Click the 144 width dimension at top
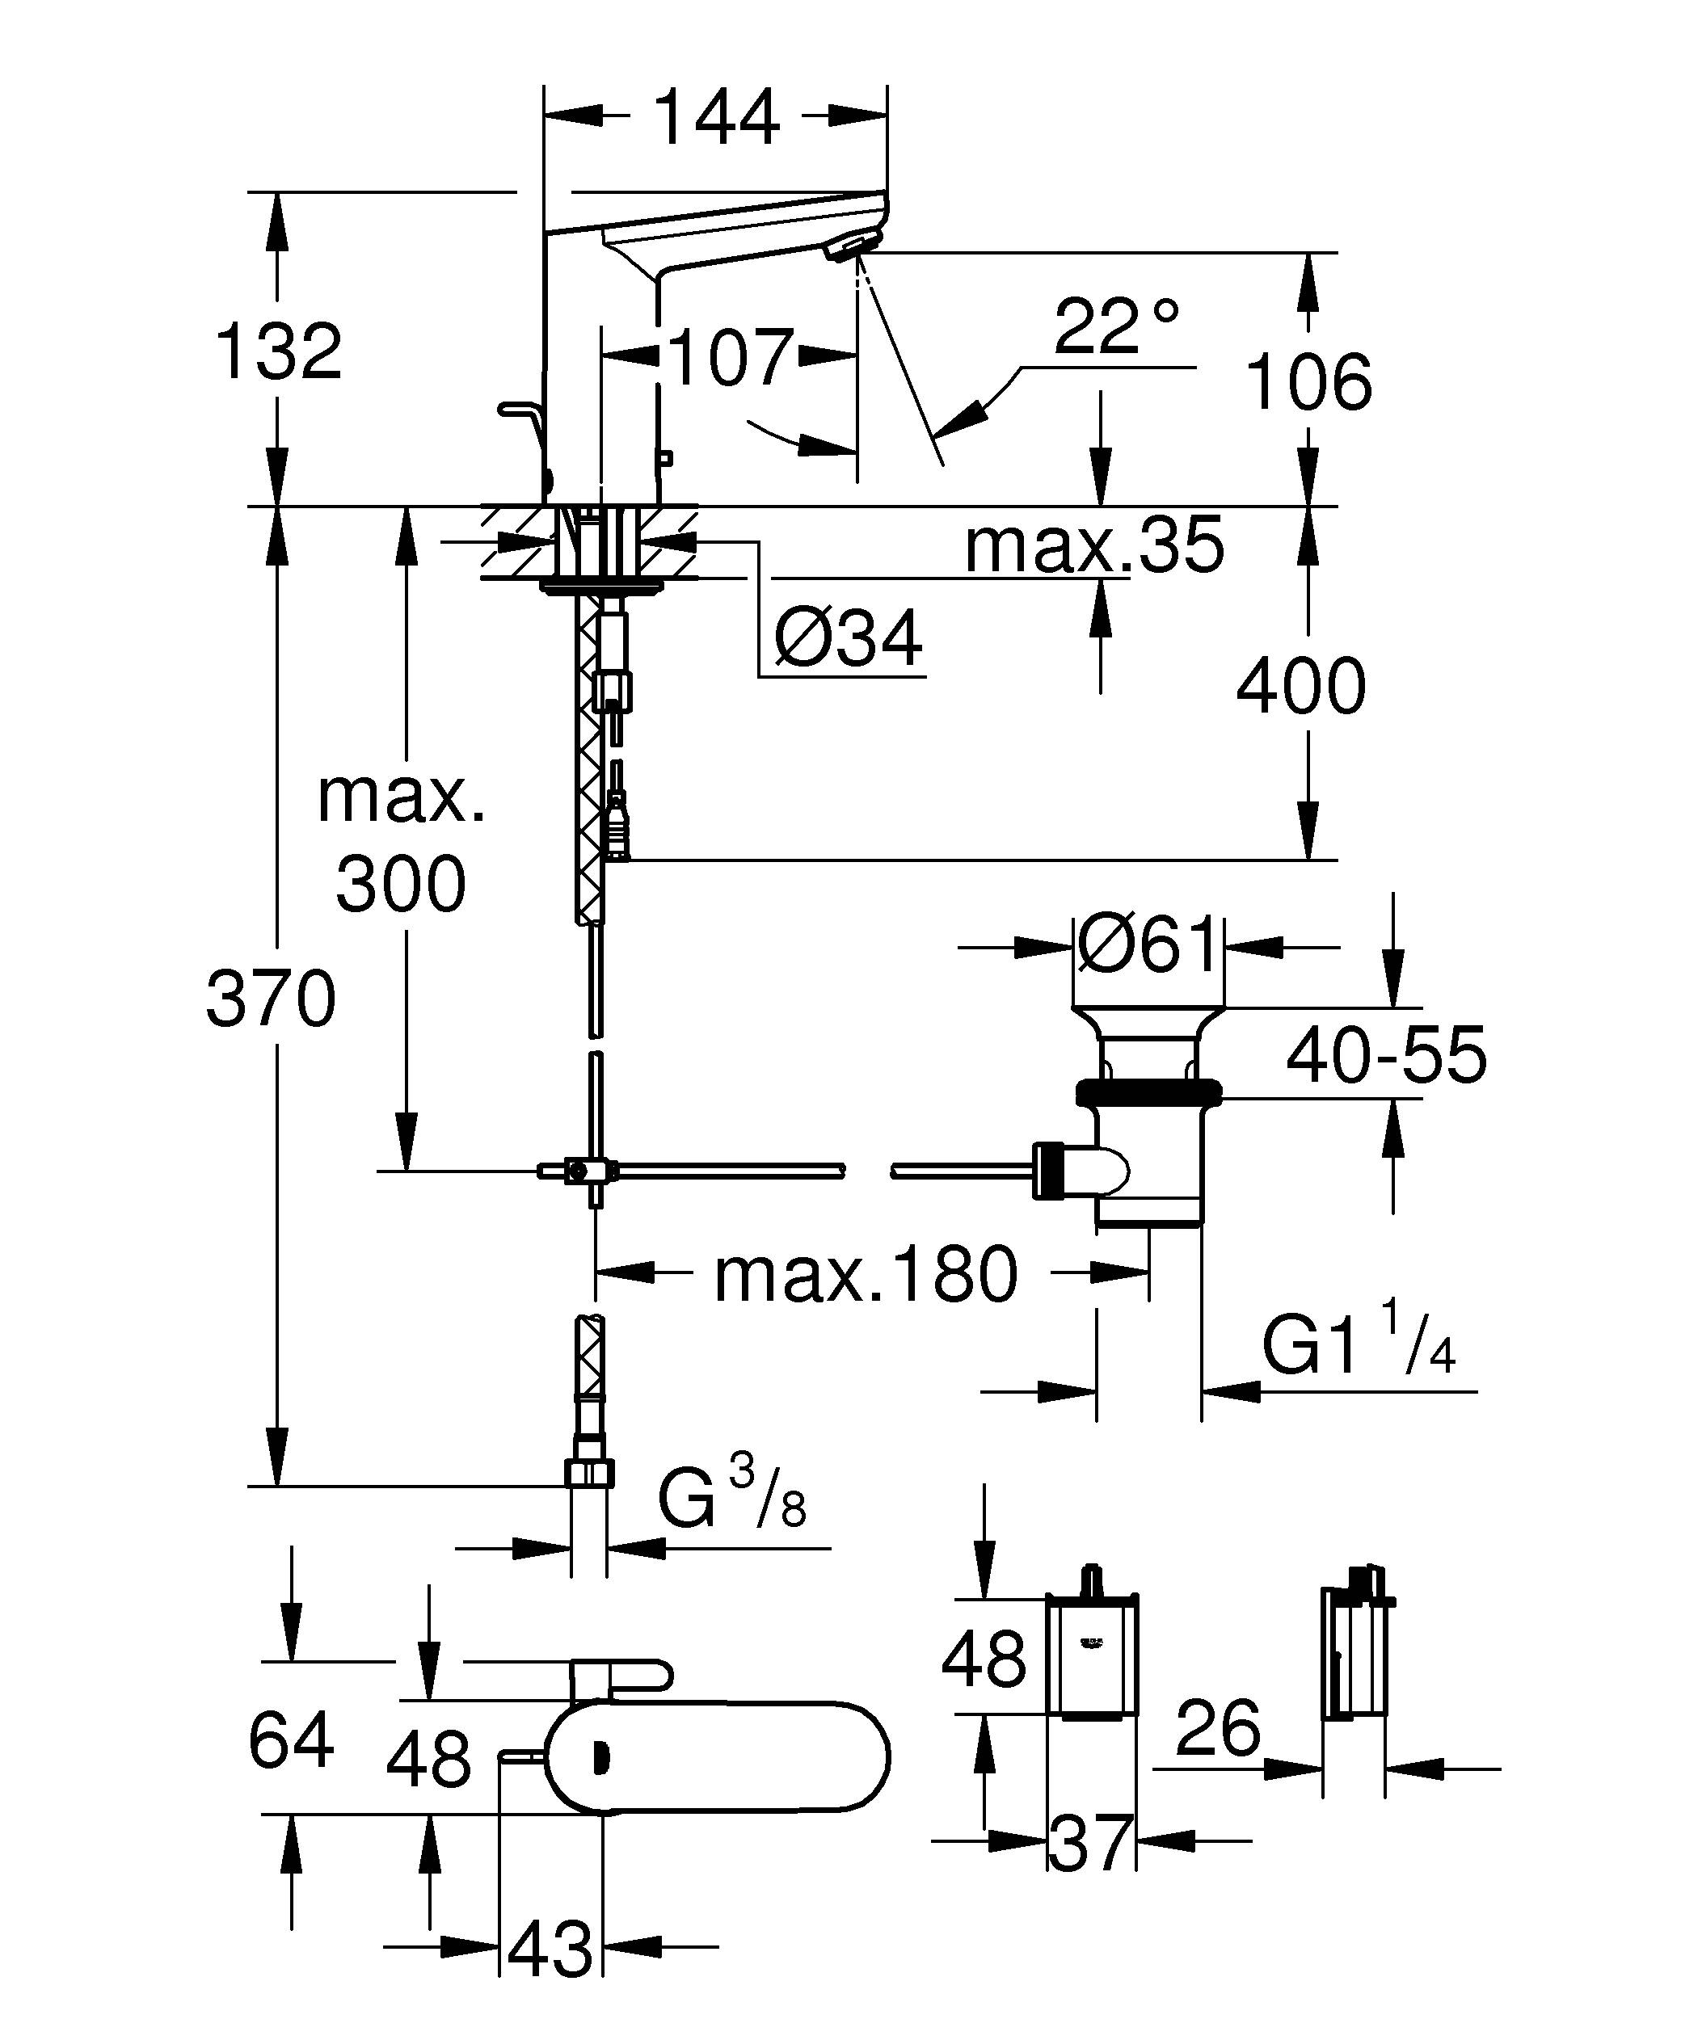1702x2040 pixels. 717,117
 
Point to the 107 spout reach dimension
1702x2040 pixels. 731,357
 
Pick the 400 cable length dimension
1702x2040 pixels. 1301,686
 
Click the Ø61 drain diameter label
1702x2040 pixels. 1148,944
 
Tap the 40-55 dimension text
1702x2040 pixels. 1386,1055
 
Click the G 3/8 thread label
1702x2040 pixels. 731,1499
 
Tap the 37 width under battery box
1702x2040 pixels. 1091,1843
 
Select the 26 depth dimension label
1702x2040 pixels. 1217,1728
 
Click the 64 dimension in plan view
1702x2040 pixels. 290,1741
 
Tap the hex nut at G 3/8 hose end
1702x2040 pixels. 588,1474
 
